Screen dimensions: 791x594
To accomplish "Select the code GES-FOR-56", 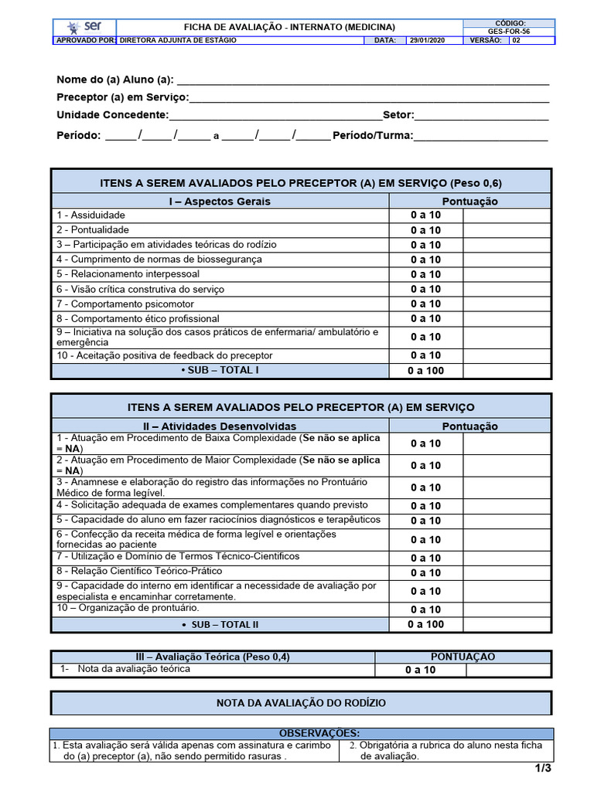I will click(x=510, y=32).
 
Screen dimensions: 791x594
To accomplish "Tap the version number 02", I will click(x=517, y=40).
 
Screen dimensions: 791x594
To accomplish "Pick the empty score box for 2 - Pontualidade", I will click(x=507, y=230).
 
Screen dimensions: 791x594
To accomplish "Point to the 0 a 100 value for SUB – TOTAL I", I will click(x=425, y=371).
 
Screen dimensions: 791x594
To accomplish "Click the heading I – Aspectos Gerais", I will click(x=220, y=202).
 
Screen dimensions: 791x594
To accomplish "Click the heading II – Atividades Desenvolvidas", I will click(x=220, y=426).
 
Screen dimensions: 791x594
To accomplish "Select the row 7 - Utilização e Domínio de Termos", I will click(x=178, y=557).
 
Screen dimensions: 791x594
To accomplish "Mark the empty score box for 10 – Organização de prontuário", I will click(x=507, y=609).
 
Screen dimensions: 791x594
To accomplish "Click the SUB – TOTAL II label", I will click(x=220, y=624).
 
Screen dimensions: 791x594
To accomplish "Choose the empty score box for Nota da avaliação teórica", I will click(x=509, y=670).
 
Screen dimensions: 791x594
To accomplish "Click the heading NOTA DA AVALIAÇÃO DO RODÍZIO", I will click(x=301, y=703).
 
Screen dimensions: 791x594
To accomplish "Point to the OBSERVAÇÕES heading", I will click(x=301, y=733).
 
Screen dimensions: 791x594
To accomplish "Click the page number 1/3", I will click(x=541, y=769).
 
